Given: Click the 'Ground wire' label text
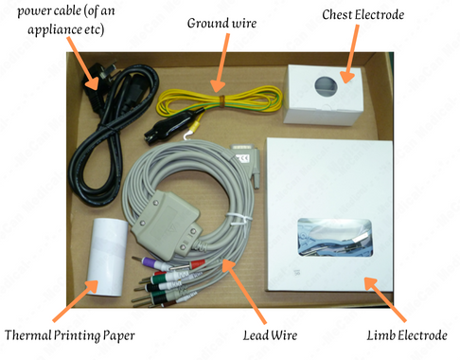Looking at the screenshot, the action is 221,24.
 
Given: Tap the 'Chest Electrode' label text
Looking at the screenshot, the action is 363,15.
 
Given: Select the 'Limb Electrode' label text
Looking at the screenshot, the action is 407,335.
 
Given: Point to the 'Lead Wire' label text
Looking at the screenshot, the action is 270,335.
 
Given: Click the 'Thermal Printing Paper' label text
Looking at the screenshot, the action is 70,335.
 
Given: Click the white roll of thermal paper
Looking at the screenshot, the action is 107,257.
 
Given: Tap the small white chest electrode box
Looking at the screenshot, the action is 323,95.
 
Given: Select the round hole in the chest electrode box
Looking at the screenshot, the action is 327,86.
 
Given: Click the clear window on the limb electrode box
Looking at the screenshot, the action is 335,237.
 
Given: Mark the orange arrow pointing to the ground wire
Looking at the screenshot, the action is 221,63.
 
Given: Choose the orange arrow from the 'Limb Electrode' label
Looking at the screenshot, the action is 385,299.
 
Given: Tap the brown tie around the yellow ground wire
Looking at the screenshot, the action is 221,100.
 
